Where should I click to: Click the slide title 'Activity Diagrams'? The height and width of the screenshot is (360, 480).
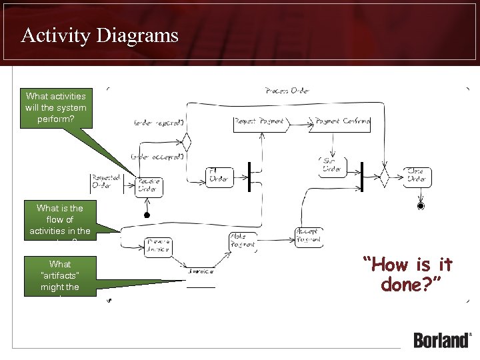(x=99, y=35)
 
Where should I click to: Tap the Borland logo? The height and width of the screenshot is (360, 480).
(x=442, y=339)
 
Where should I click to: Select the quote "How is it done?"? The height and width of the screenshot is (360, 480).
(x=407, y=274)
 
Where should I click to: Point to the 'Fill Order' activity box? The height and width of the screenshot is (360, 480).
(x=219, y=175)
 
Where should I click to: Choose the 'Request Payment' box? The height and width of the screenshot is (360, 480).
(x=260, y=123)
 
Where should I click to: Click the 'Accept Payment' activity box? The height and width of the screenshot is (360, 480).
(x=308, y=236)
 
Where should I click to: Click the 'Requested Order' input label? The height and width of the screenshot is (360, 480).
(x=105, y=182)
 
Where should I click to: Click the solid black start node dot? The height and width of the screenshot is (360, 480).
(x=146, y=215)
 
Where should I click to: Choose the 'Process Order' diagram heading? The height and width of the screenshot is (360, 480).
(x=287, y=91)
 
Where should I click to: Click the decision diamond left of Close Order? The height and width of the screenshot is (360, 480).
(x=384, y=177)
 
